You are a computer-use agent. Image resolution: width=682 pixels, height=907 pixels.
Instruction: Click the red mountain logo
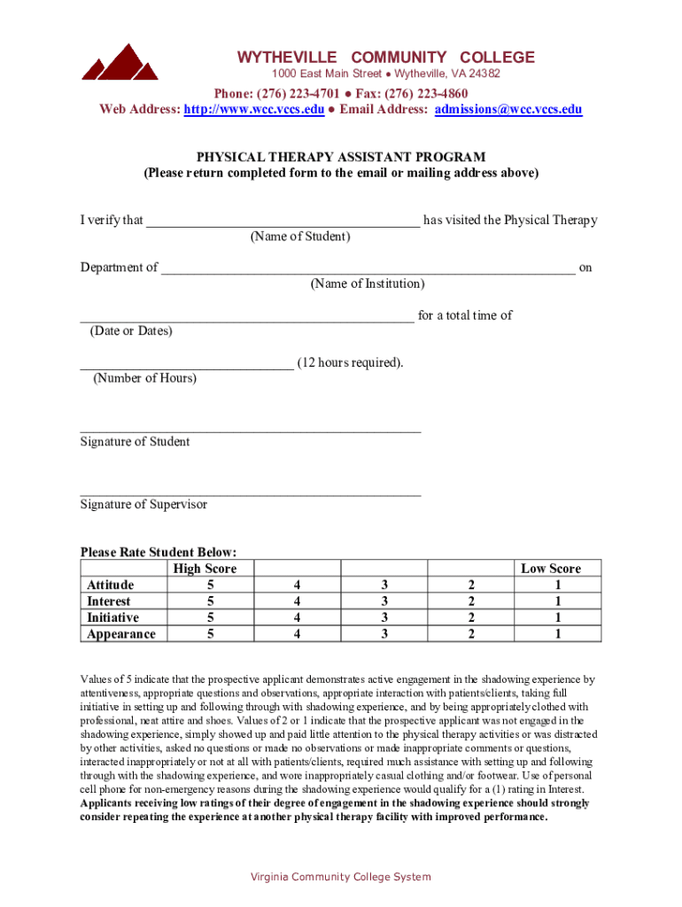coord(120,63)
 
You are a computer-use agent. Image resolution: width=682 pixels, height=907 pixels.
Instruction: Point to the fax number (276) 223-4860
coord(426,94)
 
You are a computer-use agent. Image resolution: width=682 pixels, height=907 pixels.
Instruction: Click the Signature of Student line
coord(250,430)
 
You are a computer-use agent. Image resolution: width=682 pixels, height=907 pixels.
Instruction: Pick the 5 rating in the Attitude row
coord(210,585)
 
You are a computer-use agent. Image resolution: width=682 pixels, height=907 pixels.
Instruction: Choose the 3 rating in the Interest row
coord(384,601)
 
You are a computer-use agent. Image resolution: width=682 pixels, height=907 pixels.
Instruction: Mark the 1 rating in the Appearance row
coord(557,634)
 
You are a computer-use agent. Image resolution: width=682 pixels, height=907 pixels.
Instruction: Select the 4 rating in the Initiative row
coord(298,617)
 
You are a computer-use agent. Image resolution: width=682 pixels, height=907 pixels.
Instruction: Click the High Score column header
coord(205,569)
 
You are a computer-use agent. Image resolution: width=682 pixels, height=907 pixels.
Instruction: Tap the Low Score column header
coord(550,569)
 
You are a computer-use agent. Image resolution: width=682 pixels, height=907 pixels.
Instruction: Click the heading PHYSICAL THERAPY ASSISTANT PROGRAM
coord(341,157)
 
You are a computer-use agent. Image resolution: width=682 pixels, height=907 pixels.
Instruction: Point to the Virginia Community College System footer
coord(341,877)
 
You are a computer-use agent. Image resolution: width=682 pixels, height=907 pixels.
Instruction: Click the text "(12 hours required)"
coord(351,362)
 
